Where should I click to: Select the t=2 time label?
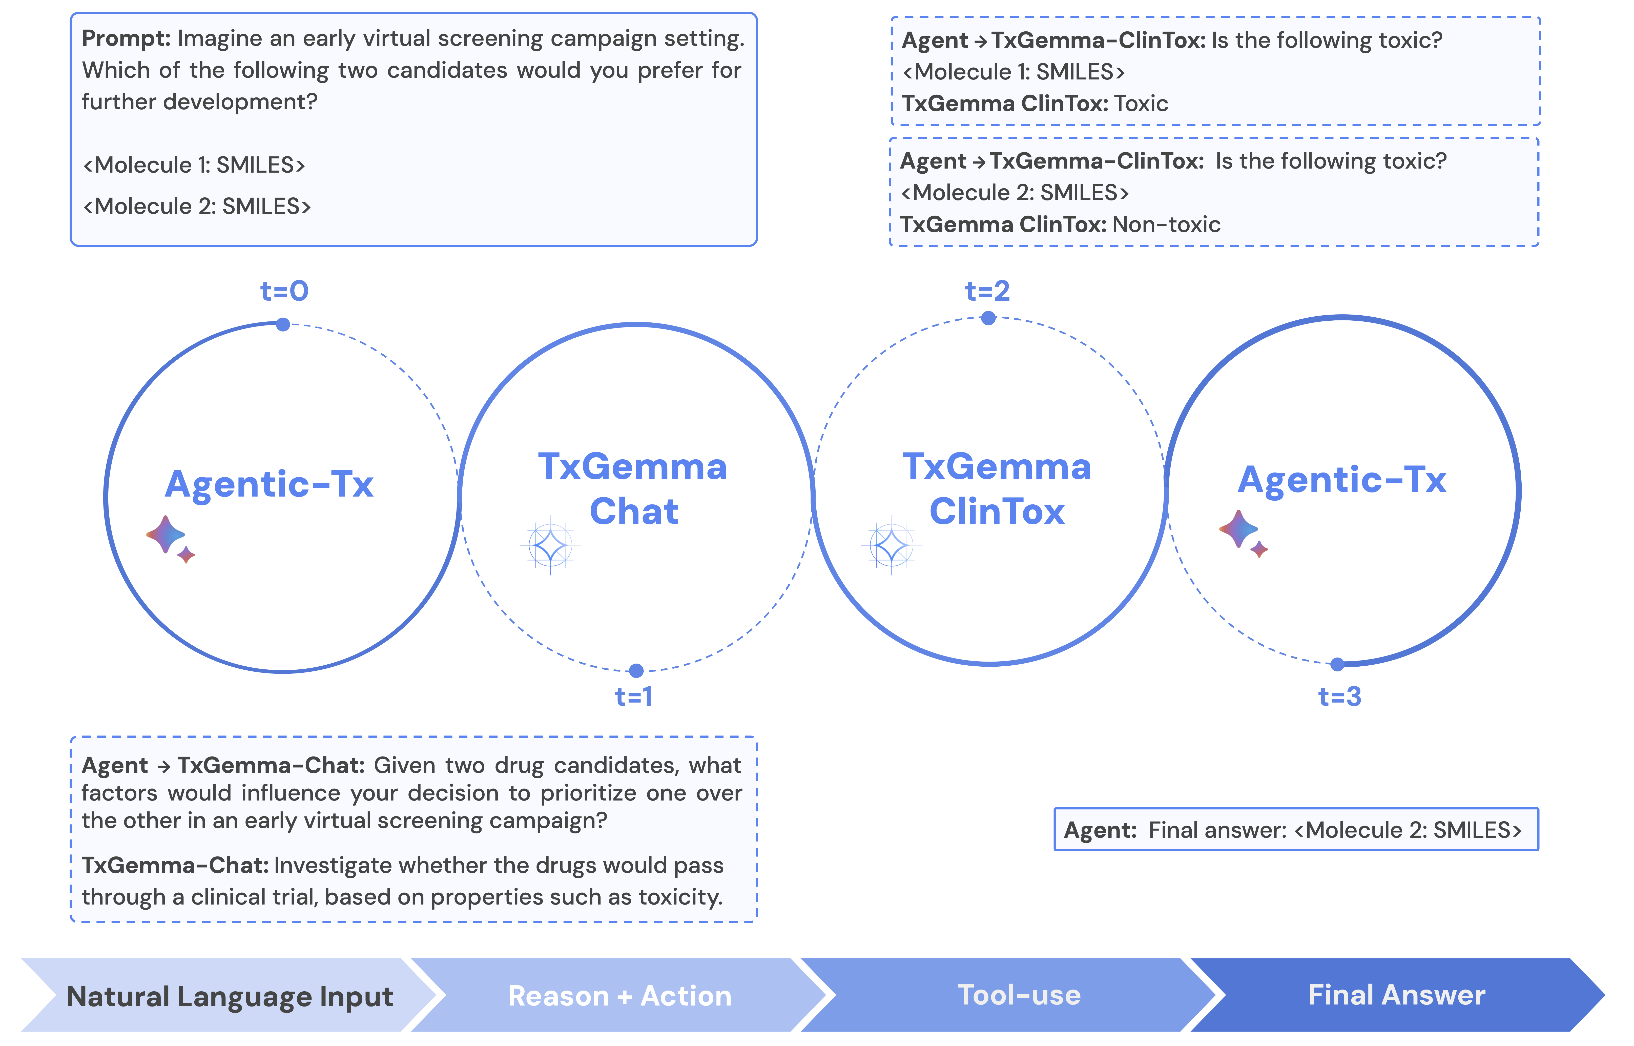(x=987, y=291)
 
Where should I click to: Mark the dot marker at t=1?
(x=636, y=671)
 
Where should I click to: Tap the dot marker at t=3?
(x=1337, y=664)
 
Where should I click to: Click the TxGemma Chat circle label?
(x=633, y=489)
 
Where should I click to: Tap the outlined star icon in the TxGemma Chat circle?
(x=550, y=545)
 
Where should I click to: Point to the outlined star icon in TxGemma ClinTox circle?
(x=891, y=545)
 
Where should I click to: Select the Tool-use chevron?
(x=1019, y=996)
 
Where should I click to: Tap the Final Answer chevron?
(x=1396, y=996)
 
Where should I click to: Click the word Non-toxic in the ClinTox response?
(x=1166, y=225)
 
